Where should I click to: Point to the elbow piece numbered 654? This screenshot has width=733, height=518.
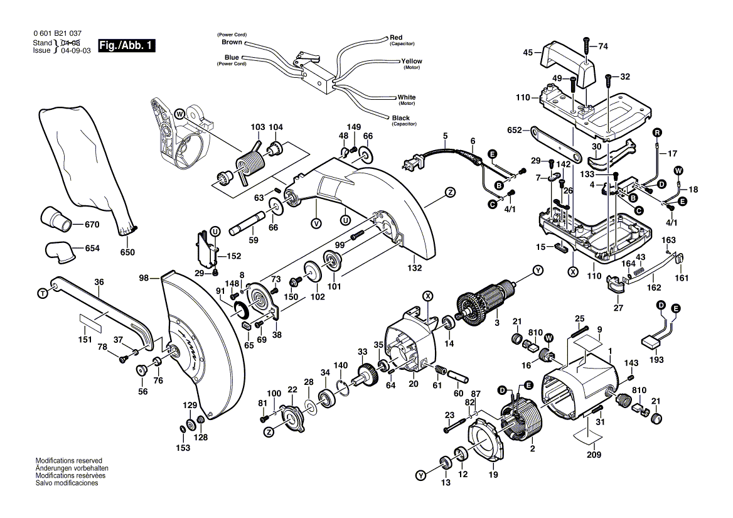58,252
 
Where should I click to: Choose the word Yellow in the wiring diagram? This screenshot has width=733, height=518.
412,61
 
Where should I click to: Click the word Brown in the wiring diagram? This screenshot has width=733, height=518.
232,42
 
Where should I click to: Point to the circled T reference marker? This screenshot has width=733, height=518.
43,293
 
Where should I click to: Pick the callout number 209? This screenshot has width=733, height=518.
594,455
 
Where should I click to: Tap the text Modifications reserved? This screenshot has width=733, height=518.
68,460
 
